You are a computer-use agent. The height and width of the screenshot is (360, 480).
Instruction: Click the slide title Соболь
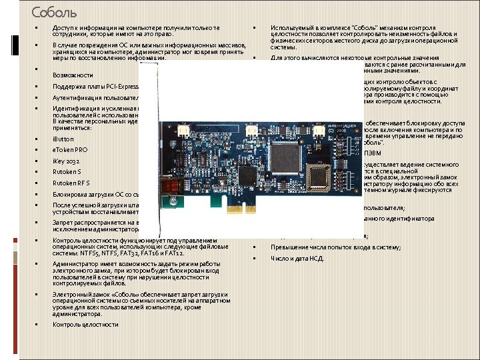[54, 12]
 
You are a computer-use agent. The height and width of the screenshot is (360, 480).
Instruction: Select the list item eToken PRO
[70, 150]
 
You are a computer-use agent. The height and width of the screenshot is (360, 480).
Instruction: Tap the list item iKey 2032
[66, 161]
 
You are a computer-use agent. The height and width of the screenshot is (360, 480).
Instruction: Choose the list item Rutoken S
[67, 172]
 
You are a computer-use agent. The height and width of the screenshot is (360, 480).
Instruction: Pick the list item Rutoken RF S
[71, 183]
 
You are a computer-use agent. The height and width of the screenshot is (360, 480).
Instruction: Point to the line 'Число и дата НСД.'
[297, 258]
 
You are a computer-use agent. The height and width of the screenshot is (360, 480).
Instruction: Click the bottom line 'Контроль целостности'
[85, 324]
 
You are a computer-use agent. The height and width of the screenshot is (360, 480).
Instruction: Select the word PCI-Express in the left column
[106, 87]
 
